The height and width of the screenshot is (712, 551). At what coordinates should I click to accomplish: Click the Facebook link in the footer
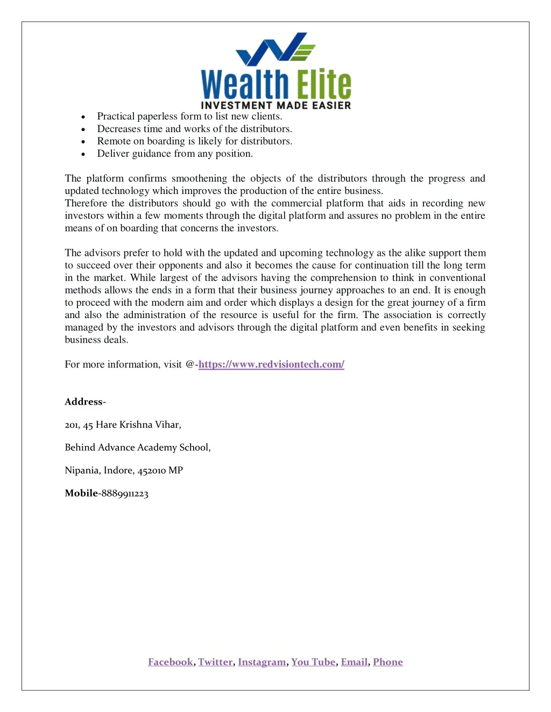pos(171,662)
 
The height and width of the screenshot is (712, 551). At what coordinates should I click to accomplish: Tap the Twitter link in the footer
pos(215,662)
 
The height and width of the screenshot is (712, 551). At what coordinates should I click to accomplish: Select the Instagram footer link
pos(262,662)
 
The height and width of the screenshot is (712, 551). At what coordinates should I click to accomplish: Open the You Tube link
pos(313,662)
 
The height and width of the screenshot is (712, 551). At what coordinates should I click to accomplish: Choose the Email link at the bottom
pos(354,662)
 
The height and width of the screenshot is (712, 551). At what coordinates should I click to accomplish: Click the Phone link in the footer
pos(388,662)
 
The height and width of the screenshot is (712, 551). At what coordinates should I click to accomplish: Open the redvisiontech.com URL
pos(271,364)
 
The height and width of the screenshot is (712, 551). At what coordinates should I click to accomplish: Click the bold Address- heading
pos(85,402)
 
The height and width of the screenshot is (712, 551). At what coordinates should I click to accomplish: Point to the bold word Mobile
pos(81,493)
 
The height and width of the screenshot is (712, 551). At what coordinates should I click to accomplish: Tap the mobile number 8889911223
pos(125,494)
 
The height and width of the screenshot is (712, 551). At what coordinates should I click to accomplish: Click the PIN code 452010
pos(152,471)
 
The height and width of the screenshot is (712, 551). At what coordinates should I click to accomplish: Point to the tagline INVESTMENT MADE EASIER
pos(275,105)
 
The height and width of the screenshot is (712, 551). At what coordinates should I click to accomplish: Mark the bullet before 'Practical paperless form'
pos(83,117)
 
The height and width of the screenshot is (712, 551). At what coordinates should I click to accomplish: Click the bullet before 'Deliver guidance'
pos(83,154)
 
